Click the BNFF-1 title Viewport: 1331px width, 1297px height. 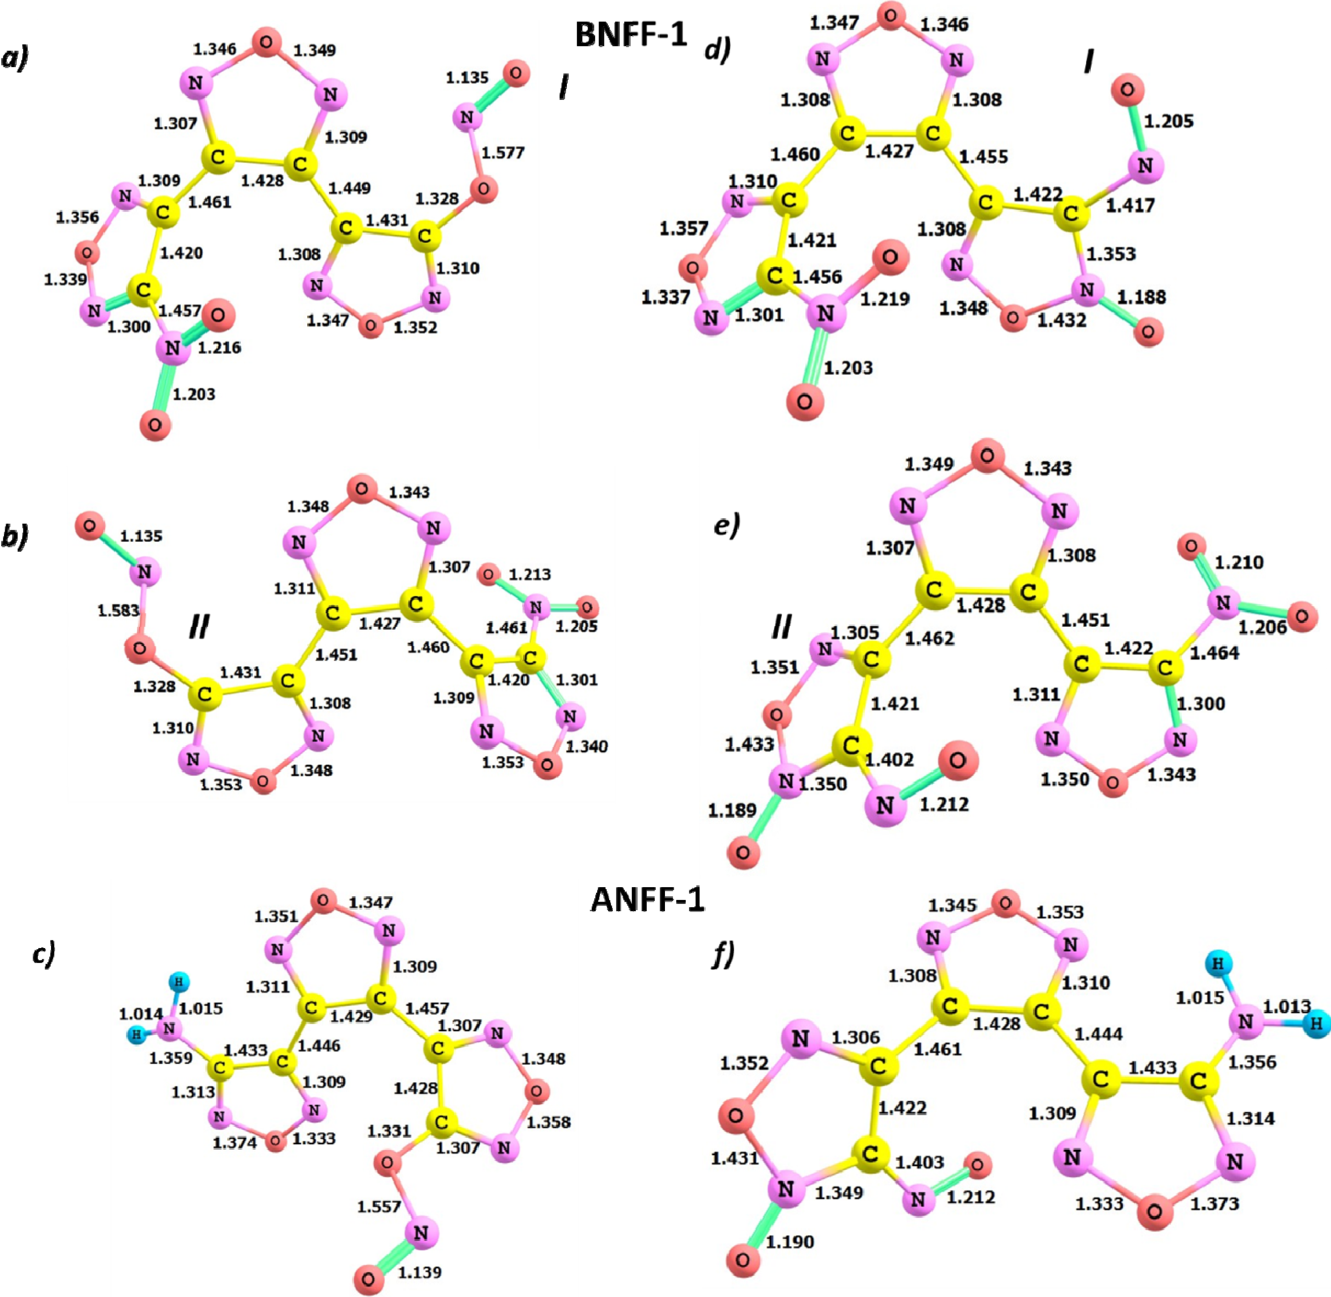click(631, 34)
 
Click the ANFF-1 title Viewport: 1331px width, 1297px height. click(647, 899)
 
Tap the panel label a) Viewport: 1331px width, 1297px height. click(15, 59)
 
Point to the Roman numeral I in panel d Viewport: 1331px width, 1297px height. click(1089, 62)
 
